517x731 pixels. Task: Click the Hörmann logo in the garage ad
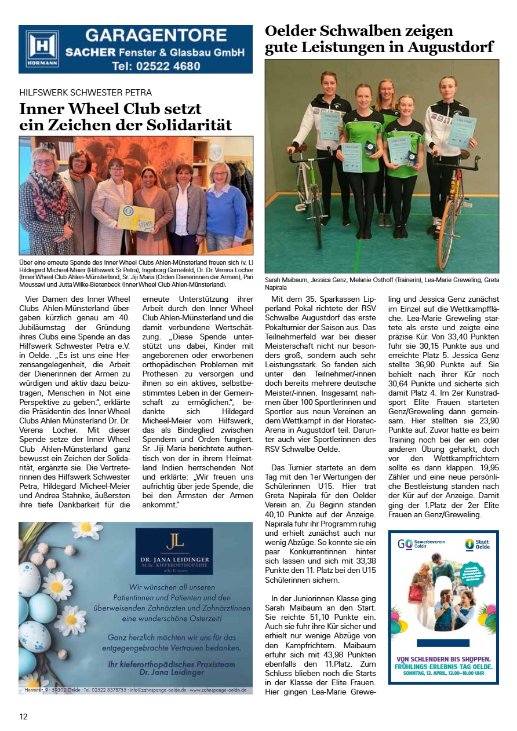tap(42, 49)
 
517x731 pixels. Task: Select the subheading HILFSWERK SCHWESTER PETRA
tap(86, 93)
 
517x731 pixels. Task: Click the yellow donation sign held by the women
tap(136, 218)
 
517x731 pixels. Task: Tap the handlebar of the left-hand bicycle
tap(301, 152)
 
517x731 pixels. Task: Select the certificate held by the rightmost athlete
tap(462, 131)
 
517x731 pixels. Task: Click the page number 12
tap(23, 717)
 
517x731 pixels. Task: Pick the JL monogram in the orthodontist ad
tap(174, 542)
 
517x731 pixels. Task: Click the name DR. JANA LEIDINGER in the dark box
tap(174, 559)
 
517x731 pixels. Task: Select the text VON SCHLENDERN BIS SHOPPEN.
tap(443, 659)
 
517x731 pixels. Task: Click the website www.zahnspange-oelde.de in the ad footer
tap(217, 690)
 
